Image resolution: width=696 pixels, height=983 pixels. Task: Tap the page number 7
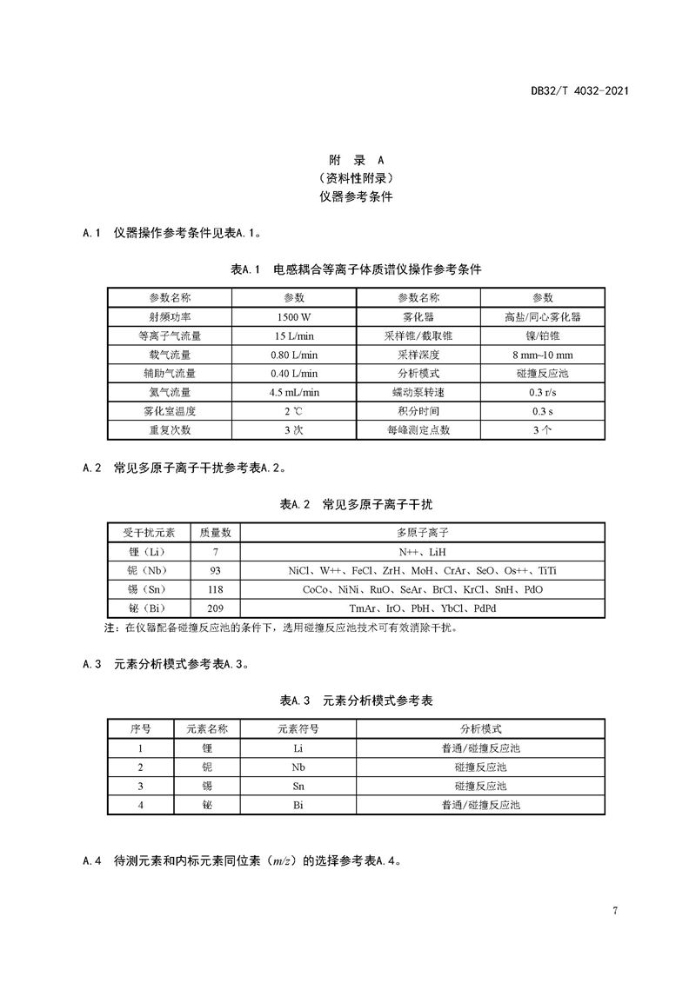tap(615, 911)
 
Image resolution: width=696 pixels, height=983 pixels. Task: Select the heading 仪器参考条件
tap(356, 197)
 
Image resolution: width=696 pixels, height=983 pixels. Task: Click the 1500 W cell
tap(294, 317)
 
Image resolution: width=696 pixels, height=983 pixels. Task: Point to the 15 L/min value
tap(294, 336)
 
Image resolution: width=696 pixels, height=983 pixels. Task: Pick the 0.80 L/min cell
tap(294, 355)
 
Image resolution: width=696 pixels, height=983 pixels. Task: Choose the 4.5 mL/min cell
tap(294, 392)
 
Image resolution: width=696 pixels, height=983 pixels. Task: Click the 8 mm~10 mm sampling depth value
tap(543, 355)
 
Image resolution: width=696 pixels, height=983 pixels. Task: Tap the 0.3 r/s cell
tap(543, 392)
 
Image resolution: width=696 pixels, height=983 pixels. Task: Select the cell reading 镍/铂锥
tap(543, 336)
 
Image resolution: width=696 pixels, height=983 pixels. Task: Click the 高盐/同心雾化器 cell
tap(543, 317)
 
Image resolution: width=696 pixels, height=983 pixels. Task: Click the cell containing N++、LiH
tap(422, 552)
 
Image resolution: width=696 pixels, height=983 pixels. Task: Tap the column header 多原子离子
tap(422, 533)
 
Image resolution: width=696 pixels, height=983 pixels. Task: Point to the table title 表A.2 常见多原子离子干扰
tap(356, 504)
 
